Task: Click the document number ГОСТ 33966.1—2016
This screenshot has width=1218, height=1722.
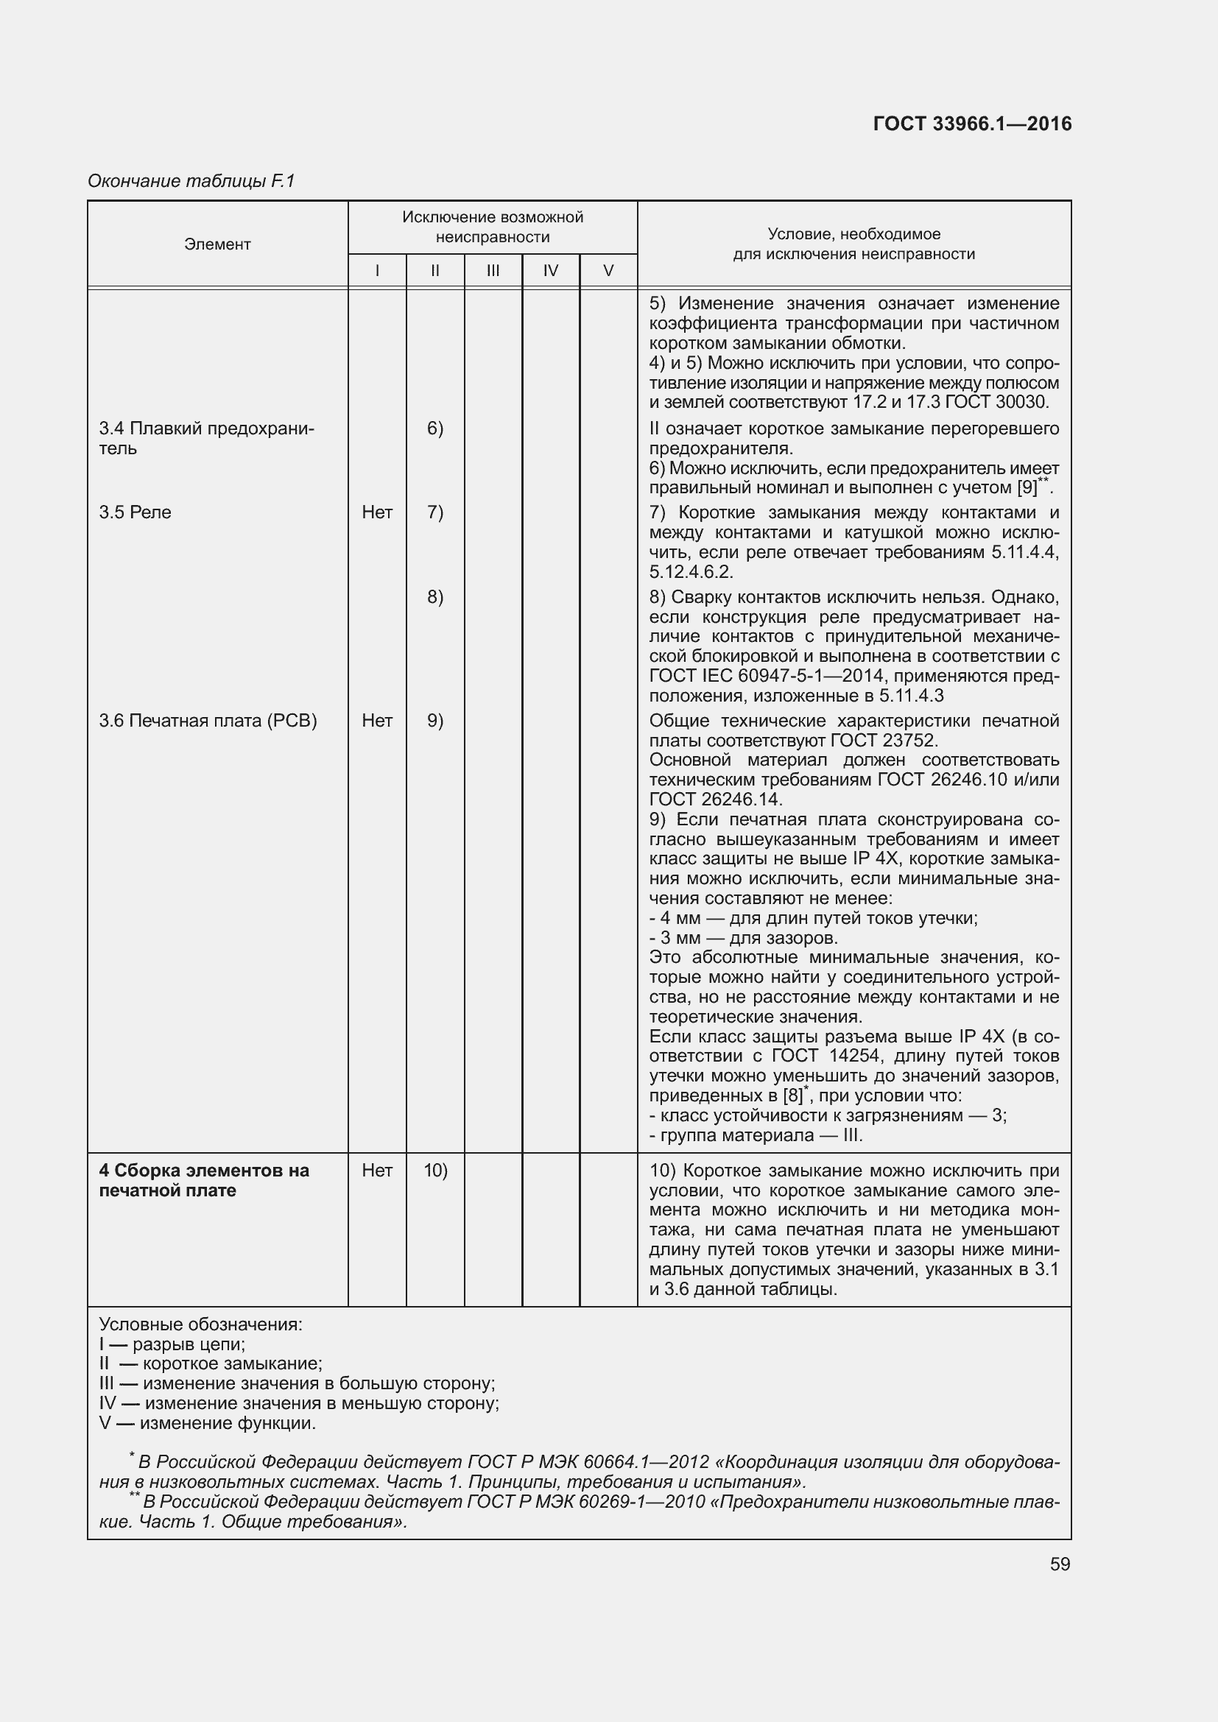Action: pos(972,124)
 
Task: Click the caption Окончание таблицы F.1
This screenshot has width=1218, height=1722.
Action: pos(191,181)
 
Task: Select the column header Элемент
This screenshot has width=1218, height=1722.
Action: pos(217,244)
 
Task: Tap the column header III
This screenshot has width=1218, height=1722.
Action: pos(493,271)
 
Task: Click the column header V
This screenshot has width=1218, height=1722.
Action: pos(608,271)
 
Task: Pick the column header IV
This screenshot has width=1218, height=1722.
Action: pos(551,271)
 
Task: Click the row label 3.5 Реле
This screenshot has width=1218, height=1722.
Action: pos(135,512)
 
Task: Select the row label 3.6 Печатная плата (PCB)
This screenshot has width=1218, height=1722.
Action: pos(208,721)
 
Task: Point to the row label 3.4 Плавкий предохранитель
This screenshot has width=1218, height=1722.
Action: pos(206,438)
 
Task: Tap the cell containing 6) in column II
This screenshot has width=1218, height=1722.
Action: pos(435,428)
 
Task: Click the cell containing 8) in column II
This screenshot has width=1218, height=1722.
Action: pos(435,597)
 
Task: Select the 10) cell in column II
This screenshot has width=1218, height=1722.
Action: pos(435,1170)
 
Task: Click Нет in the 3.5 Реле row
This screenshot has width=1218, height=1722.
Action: pos(376,512)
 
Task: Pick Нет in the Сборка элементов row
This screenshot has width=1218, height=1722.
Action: pos(376,1170)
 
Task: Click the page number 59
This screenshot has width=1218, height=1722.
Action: pos(1060,1564)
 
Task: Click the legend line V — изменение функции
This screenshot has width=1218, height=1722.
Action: pos(208,1423)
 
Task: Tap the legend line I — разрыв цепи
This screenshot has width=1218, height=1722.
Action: pos(172,1344)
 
